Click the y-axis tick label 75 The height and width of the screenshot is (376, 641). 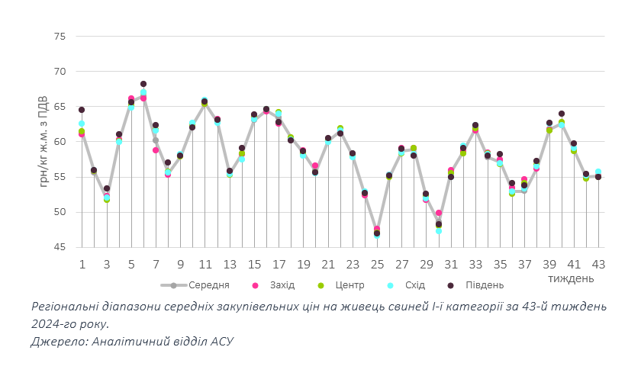60,37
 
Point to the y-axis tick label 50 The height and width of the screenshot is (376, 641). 60,212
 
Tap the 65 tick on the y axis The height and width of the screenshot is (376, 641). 60,107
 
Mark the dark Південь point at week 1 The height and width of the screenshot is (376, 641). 82,110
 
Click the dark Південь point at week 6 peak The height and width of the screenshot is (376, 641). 143,84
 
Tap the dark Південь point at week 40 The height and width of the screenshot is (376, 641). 562,114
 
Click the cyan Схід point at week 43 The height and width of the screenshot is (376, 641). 598,172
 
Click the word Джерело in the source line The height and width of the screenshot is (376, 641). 57,341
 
